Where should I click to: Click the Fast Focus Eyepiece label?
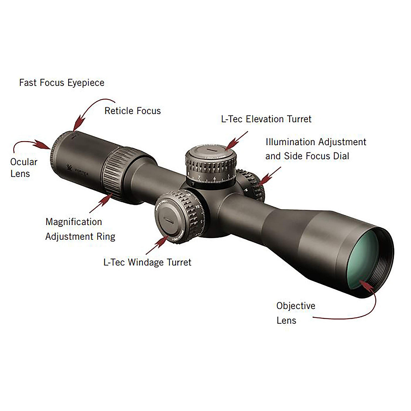point(62,83)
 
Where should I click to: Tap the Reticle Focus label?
point(133,111)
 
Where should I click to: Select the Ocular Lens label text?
point(23,167)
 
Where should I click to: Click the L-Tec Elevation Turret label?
point(266,119)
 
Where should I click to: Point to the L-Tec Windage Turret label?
point(147,262)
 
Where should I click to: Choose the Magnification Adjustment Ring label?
point(80,229)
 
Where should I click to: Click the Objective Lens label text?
point(296,313)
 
